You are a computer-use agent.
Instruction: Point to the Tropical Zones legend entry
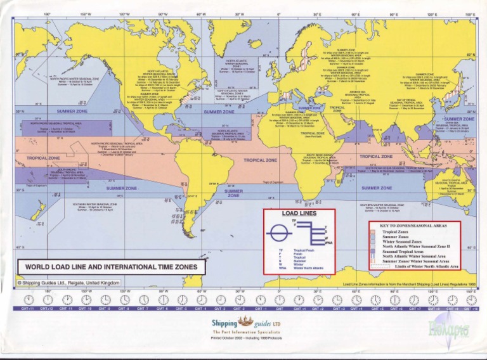pos(399,232)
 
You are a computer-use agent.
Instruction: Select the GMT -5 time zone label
pos(181,309)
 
